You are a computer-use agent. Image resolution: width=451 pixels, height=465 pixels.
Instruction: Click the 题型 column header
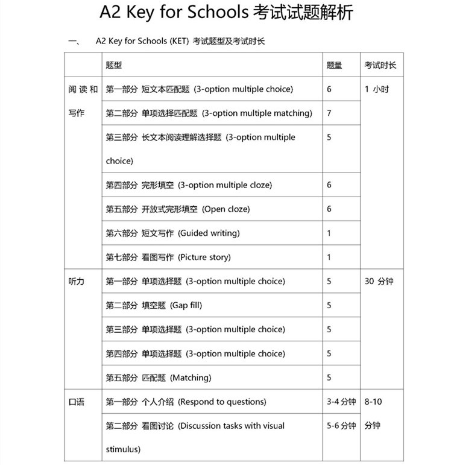pyautogui.click(x=113, y=65)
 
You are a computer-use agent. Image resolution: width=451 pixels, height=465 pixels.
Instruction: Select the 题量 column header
pyautogui.click(x=334, y=65)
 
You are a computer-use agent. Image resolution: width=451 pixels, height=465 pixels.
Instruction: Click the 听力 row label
pyautogui.click(x=77, y=282)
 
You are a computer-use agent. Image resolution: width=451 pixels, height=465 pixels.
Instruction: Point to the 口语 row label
pyautogui.click(x=77, y=402)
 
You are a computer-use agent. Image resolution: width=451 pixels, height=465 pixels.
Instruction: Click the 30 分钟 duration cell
pyautogui.click(x=379, y=282)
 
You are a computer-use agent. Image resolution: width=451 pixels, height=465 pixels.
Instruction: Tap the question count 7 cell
pyautogui.click(x=329, y=113)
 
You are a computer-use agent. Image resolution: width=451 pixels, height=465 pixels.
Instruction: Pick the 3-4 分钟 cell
pyautogui.click(x=341, y=402)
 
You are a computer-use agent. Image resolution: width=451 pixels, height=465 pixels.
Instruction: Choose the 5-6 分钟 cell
pyautogui.click(x=341, y=426)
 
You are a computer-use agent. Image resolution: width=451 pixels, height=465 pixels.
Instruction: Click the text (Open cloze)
pyautogui.click(x=226, y=209)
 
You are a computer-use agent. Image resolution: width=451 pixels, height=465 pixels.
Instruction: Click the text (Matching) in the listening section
pyautogui.click(x=191, y=378)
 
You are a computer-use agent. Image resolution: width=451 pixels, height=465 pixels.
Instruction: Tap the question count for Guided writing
pyautogui.click(x=329, y=233)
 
